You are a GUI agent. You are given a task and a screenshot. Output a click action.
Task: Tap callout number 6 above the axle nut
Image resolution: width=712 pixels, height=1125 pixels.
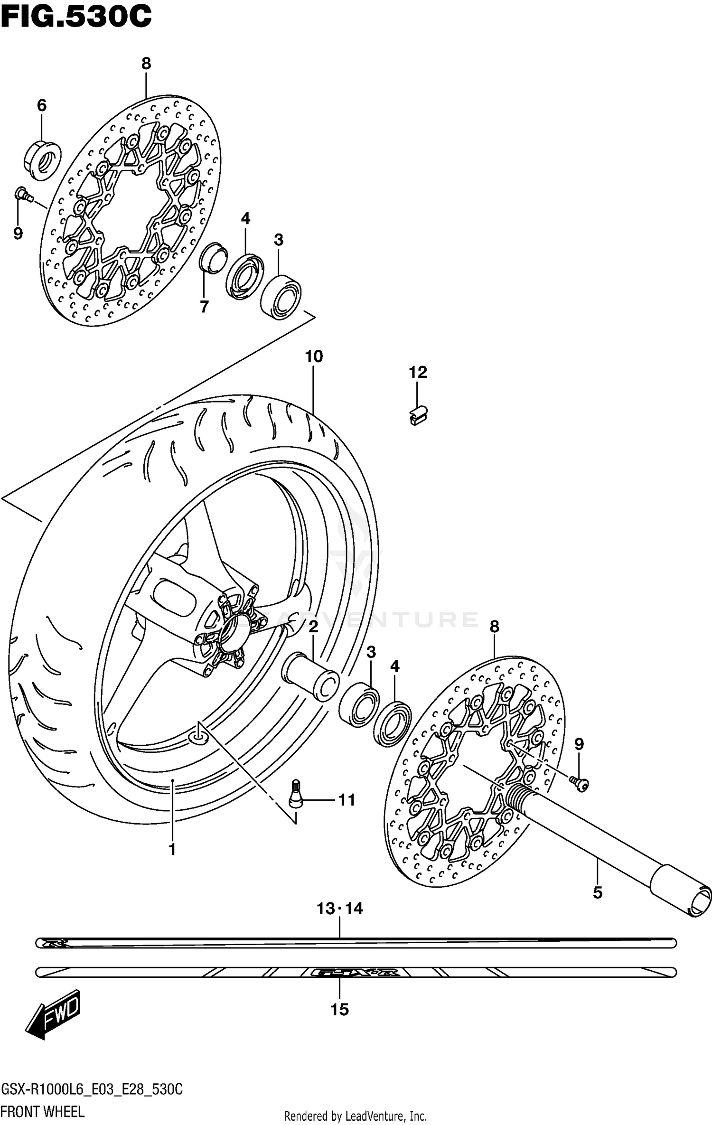(x=42, y=105)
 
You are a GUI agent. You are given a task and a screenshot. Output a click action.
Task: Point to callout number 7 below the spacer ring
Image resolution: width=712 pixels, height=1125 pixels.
(x=204, y=307)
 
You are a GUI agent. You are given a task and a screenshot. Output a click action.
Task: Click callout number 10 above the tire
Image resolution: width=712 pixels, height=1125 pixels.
(x=314, y=356)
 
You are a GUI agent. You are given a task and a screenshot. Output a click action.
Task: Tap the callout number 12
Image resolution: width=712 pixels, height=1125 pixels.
(x=418, y=372)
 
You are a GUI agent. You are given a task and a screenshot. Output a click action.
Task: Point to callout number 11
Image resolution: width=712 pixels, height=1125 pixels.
(x=347, y=800)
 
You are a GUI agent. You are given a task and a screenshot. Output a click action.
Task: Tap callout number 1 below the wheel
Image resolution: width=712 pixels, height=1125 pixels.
(x=172, y=849)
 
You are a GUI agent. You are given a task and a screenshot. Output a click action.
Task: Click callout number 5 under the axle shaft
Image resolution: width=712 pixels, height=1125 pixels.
(x=598, y=893)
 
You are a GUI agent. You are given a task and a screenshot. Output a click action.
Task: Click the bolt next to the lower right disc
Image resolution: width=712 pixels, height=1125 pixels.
(x=580, y=785)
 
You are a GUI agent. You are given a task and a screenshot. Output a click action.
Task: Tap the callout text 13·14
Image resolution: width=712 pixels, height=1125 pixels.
(x=340, y=909)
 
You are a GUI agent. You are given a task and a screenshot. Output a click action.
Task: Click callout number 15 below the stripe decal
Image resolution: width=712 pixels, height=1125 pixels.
(x=339, y=1010)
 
